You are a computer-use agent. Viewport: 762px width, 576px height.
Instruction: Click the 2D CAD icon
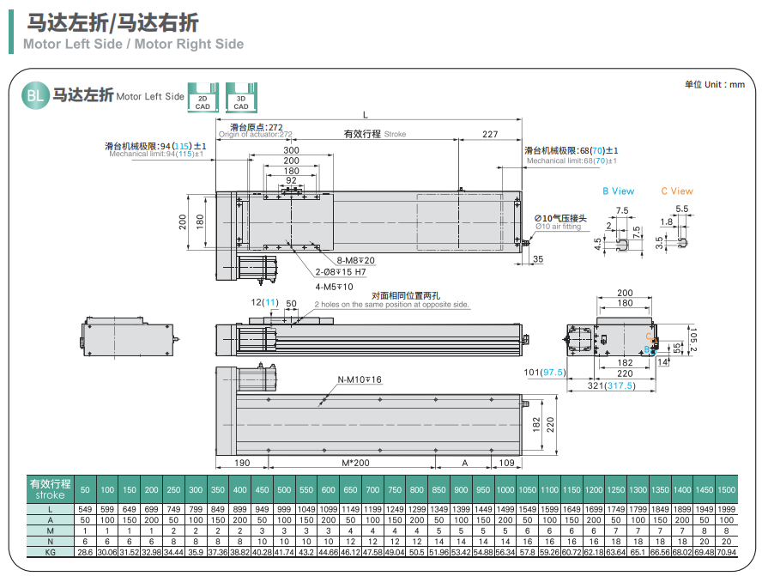click(203, 96)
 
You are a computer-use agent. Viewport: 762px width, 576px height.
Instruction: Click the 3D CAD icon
click(241, 96)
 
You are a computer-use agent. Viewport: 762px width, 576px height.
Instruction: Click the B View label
click(618, 191)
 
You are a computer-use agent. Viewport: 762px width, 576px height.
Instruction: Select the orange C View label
click(677, 191)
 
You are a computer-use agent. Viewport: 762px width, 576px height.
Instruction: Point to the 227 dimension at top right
click(489, 133)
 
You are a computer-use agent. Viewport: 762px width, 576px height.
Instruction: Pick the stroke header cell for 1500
click(726, 489)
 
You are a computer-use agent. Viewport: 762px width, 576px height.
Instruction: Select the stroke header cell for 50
click(85, 489)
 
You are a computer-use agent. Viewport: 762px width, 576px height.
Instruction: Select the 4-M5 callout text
click(334, 287)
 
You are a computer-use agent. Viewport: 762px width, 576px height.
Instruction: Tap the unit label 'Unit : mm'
click(714, 84)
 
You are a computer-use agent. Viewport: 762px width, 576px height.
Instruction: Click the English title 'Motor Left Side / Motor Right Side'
click(134, 44)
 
